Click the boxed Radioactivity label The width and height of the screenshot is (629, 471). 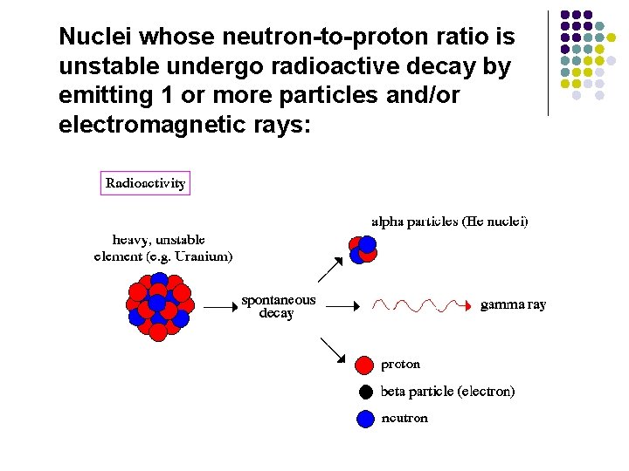145,183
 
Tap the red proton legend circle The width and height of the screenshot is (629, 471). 365,364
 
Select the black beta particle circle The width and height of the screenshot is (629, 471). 365,392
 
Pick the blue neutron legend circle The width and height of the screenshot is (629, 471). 365,419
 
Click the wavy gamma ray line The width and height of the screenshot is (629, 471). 419,305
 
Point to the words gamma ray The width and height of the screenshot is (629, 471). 514,305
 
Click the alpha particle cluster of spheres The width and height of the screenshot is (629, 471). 363,249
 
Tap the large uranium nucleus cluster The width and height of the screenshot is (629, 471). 158,305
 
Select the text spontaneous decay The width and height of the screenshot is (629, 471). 279,306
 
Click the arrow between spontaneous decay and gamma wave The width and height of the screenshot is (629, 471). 343,306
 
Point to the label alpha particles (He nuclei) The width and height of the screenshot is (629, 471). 450,222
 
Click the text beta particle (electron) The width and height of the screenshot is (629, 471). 448,392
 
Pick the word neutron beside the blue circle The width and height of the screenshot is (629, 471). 404,419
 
